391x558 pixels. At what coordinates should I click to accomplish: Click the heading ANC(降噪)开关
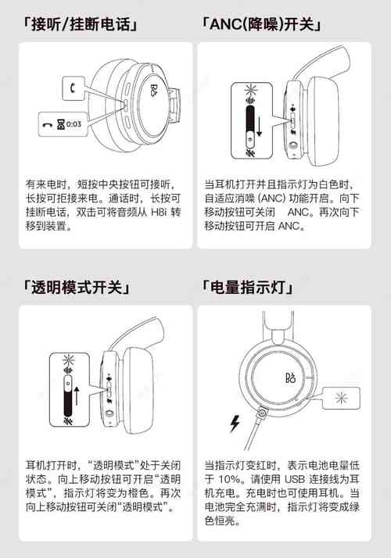[262, 24]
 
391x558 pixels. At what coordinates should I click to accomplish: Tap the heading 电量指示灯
[248, 288]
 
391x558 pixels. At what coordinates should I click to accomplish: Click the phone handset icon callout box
[70, 89]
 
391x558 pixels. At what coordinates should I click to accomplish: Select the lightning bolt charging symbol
[232, 424]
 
